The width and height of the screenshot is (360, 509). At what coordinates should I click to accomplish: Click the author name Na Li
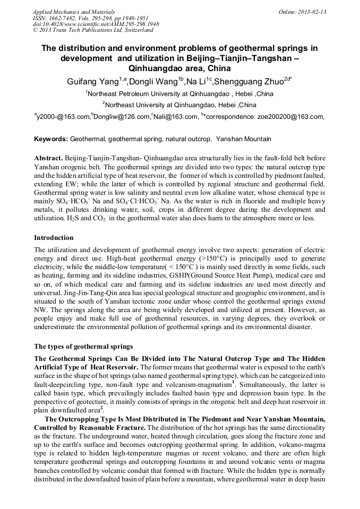(x=198, y=81)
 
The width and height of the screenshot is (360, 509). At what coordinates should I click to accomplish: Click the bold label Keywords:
(x=51, y=139)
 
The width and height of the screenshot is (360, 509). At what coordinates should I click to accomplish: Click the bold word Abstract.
(x=48, y=159)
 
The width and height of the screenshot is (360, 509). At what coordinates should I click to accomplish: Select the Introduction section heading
(x=54, y=237)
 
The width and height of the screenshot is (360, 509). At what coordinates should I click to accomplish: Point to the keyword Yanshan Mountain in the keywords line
(x=244, y=139)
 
